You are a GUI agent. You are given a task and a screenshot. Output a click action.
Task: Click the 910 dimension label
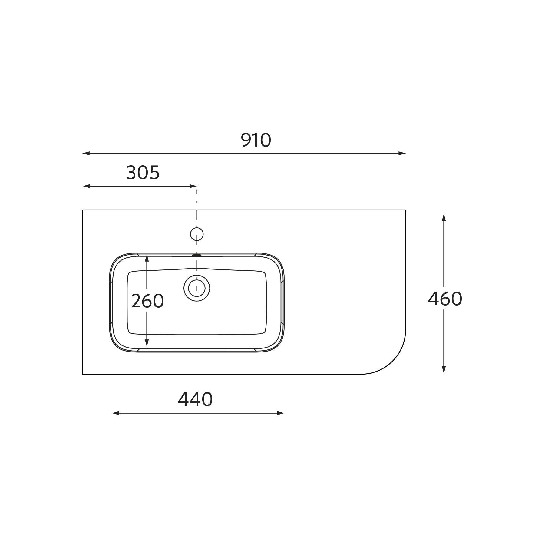click(x=256, y=140)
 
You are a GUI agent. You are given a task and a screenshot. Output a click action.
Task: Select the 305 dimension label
click(x=143, y=173)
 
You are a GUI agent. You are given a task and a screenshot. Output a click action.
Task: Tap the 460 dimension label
click(x=445, y=299)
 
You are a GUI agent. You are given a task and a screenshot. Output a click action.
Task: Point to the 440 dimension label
click(x=195, y=399)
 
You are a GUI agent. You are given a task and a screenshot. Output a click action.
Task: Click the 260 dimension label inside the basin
click(x=147, y=301)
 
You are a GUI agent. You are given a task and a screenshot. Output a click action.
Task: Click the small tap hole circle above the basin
click(x=197, y=234)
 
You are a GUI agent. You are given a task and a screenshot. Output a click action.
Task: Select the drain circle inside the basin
click(x=197, y=288)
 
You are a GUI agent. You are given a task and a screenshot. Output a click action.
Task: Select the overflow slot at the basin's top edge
click(x=197, y=255)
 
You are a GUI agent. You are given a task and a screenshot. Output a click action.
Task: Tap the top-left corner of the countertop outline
click(x=83, y=210)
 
